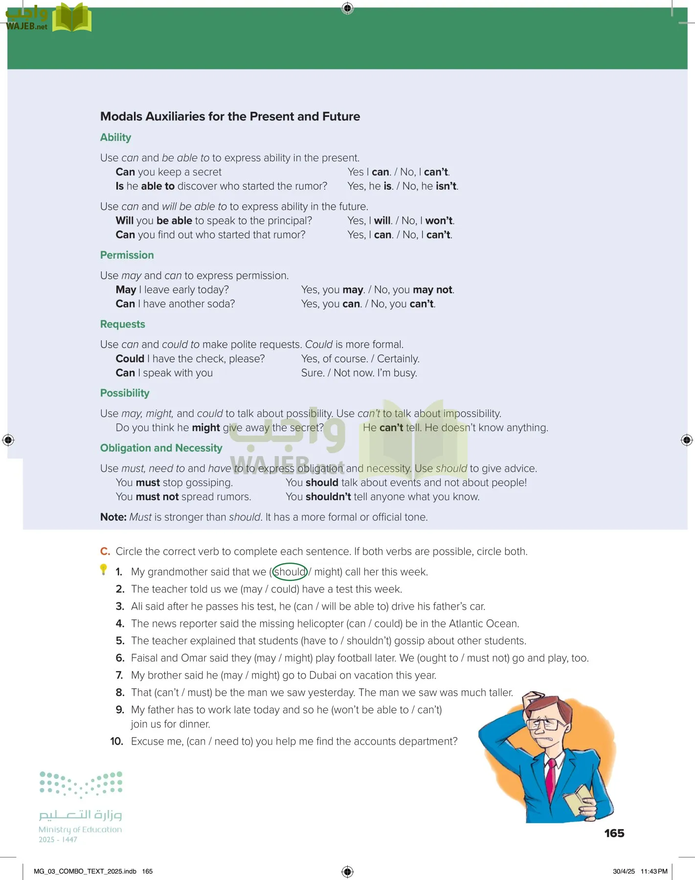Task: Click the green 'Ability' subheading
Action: tap(115, 137)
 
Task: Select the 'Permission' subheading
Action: tap(127, 255)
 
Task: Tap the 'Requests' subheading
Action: tap(122, 324)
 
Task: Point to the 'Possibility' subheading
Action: tap(125, 393)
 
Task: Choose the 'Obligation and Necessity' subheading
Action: tap(161, 448)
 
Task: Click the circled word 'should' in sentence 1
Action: tap(290, 572)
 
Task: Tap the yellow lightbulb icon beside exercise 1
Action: tap(103, 570)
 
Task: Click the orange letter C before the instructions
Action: tap(105, 551)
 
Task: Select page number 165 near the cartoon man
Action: tap(614, 833)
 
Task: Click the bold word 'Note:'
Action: tap(113, 517)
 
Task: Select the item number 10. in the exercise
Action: tap(116, 741)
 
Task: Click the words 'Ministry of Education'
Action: tap(80, 830)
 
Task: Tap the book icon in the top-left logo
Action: tap(71, 18)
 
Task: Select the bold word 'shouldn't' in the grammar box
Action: tap(328, 497)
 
